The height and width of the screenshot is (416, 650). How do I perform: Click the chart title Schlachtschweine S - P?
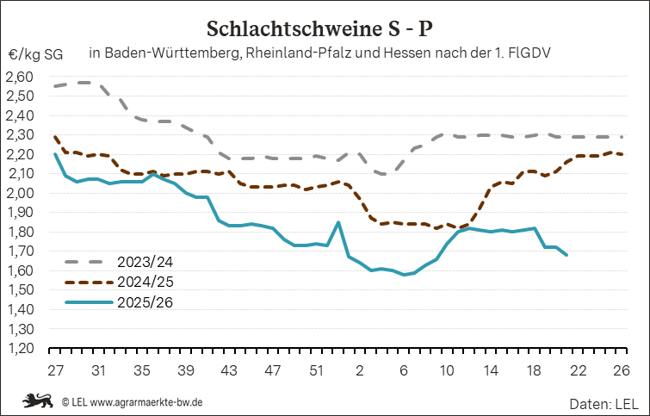pos(319,29)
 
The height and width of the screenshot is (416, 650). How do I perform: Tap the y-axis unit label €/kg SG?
pos(35,54)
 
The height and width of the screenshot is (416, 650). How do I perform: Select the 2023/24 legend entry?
pos(119,262)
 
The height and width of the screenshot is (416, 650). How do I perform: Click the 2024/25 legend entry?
pos(119,282)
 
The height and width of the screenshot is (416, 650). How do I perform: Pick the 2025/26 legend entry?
pos(119,302)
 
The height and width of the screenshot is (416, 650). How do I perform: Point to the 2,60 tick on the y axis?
pos(19,77)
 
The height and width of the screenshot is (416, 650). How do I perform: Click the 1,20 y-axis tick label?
pos(19,349)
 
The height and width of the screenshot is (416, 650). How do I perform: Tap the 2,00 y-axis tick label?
pos(19,193)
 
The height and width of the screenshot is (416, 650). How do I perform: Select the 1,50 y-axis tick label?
pos(19,290)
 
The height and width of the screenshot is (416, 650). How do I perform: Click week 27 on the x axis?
pos(55,370)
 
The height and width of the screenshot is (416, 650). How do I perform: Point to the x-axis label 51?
pos(316,370)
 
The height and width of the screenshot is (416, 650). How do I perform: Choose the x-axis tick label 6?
pos(404,370)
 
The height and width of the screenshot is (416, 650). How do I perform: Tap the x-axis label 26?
pos(621,370)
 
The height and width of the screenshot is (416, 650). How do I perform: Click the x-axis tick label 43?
pos(229,370)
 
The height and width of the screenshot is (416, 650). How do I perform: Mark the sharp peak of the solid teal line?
pos(338,222)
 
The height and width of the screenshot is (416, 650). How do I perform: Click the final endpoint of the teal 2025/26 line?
pos(566,255)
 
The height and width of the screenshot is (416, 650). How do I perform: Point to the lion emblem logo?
pos(38,401)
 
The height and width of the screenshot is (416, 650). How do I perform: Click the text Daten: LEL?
pos(604,404)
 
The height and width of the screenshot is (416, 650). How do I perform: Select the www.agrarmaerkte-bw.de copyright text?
pos(146,402)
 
